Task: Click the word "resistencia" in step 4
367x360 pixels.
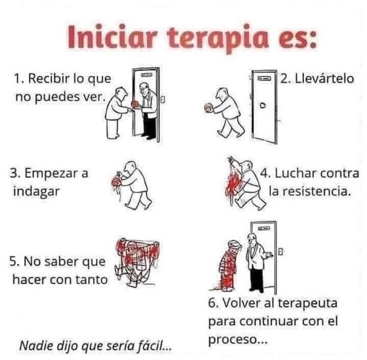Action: [x=313, y=193]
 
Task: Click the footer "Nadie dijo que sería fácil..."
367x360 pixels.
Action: [x=95, y=346]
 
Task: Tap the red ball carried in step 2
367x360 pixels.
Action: [x=209, y=108]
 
